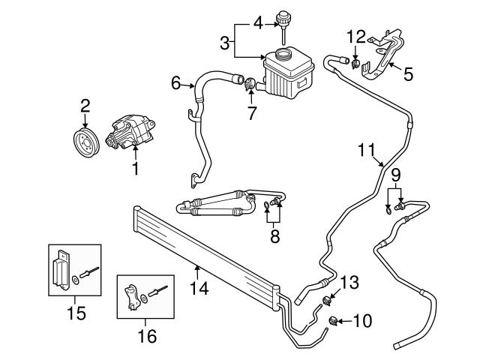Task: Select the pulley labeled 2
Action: pos(85,142)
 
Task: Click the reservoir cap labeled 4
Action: pos(284,19)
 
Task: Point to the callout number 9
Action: pos(395,175)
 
